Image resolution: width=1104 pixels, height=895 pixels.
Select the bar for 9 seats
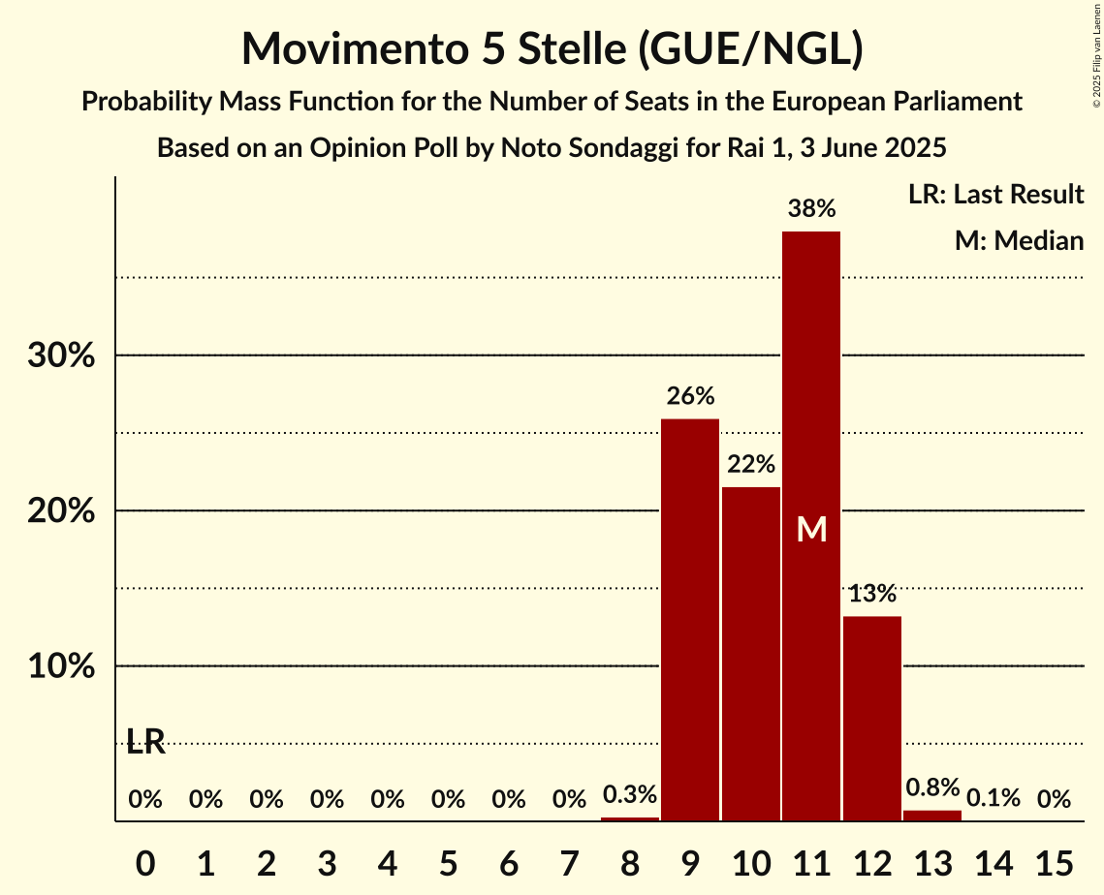click(690, 620)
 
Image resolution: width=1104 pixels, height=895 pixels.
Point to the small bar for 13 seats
click(932, 816)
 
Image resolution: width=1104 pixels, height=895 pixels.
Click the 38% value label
click(811, 208)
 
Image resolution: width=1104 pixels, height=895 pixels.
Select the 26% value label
click(690, 396)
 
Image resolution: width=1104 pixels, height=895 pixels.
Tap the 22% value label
click(751, 464)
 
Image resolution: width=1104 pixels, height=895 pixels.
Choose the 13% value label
click(872, 594)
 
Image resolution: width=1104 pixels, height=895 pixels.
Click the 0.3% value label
click(630, 795)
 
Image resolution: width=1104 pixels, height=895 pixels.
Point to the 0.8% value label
click(932, 787)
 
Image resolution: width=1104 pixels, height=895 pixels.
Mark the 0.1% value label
click(994, 799)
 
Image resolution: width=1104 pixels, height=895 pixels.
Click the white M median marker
click(811, 529)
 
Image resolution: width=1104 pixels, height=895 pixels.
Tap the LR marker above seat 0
click(145, 743)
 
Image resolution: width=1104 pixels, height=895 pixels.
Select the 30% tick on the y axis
click(61, 355)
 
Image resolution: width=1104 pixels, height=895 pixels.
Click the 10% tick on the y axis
click(61, 667)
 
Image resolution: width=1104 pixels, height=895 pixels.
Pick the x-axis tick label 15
click(1054, 859)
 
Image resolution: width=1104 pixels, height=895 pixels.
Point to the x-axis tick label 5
click(448, 859)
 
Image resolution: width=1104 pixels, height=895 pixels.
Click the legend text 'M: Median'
click(1019, 240)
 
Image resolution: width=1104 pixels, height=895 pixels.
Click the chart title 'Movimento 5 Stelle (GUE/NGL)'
click(552, 49)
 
